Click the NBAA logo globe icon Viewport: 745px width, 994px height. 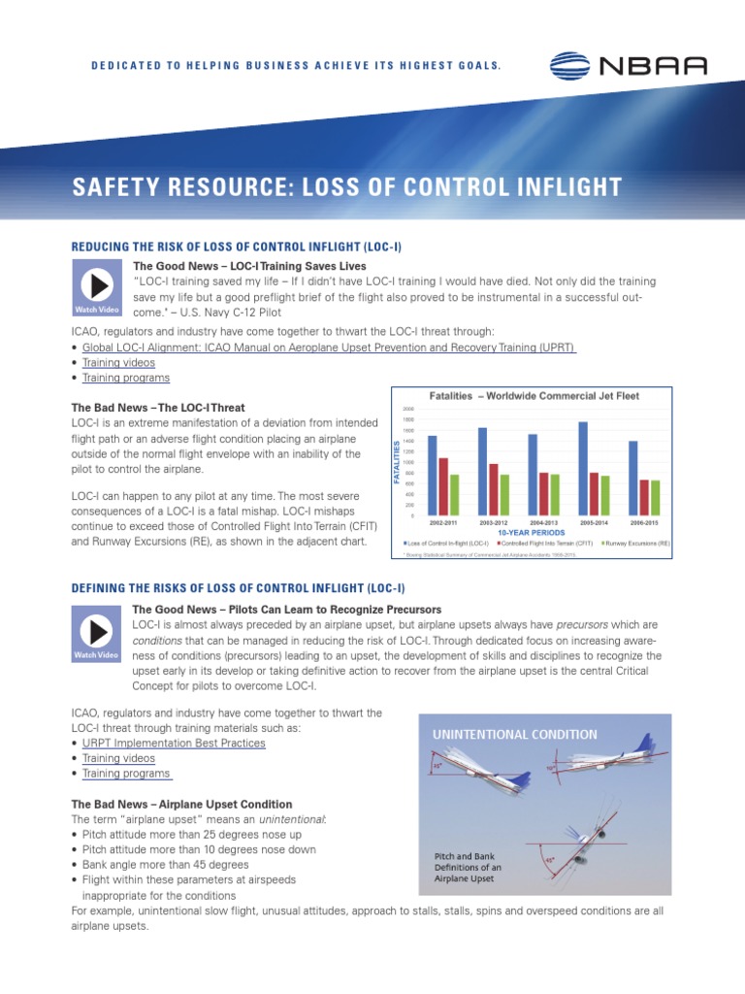(x=572, y=66)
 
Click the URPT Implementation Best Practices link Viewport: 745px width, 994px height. (x=174, y=743)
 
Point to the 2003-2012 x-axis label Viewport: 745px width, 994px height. (x=495, y=522)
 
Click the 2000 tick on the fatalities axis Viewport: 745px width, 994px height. (x=407, y=409)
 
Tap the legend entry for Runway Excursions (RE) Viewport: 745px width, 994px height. (x=637, y=544)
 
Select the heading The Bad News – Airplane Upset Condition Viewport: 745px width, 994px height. (x=182, y=804)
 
